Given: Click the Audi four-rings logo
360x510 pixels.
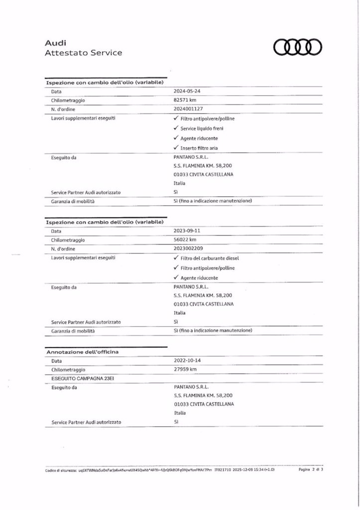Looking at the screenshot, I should tap(298, 47).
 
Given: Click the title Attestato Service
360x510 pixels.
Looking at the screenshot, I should tap(83, 53).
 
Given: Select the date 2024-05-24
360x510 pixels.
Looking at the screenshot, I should tap(186, 92).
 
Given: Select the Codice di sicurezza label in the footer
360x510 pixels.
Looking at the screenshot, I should tap(60, 470).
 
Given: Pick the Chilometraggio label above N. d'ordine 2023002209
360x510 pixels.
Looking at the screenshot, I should tap(68, 240).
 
